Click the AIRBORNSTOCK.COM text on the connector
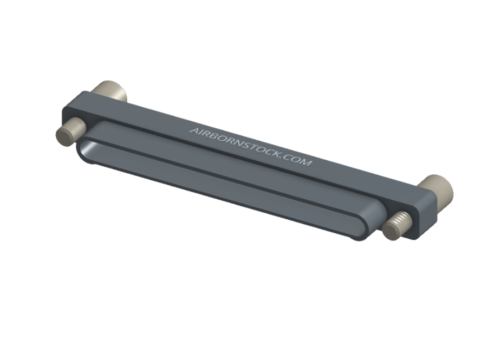[251, 146]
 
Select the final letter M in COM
[306, 162]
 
